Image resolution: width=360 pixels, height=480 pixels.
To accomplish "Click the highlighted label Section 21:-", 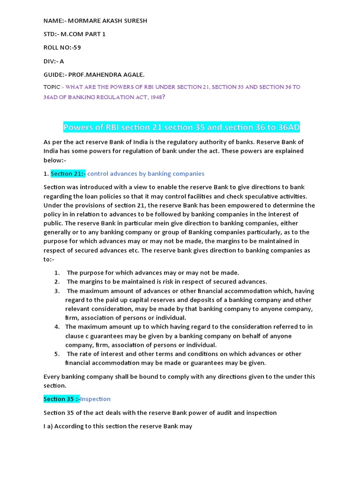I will click(x=68, y=173).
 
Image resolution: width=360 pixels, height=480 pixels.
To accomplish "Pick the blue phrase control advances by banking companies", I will click(x=146, y=173).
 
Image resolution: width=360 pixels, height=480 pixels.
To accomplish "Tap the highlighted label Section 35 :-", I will click(x=61, y=399).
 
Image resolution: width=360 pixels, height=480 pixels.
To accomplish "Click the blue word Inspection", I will click(x=96, y=399).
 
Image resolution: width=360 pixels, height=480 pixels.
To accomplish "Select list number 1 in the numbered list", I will click(x=57, y=273).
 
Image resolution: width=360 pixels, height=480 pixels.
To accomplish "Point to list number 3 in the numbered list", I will click(x=57, y=291).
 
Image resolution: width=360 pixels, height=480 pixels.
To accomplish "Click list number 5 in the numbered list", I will click(x=57, y=354).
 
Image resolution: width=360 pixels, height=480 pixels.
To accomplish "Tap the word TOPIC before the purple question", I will click(x=52, y=87).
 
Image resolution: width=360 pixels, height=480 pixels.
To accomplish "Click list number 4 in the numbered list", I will click(x=57, y=327).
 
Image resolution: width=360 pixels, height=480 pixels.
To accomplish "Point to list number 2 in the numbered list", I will click(x=57, y=282).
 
